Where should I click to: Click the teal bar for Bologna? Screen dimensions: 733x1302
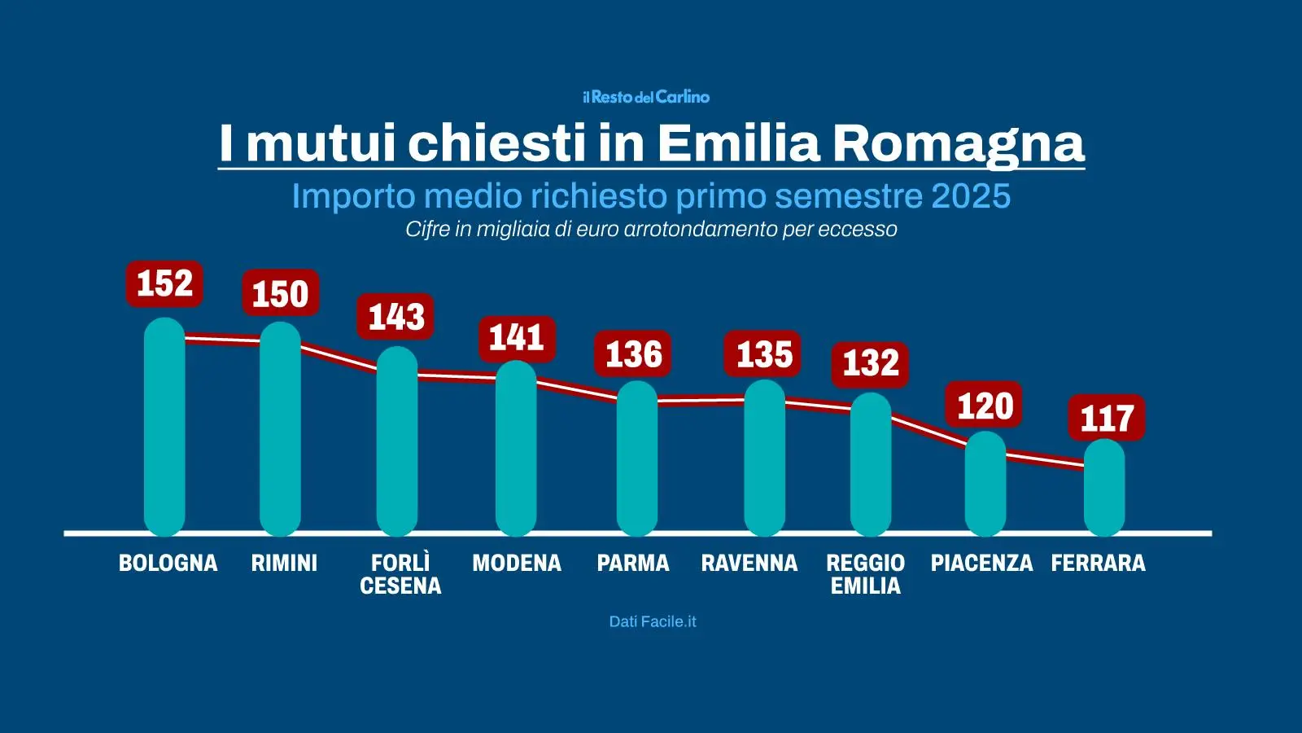tap(164, 428)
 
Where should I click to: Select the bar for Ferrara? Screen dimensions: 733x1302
tap(1104, 489)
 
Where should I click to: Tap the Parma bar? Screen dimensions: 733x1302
tap(636, 459)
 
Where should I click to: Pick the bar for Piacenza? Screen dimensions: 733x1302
tap(985, 485)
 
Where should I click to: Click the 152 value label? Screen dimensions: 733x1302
tap(164, 284)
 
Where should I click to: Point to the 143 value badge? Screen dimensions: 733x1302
tap(395, 317)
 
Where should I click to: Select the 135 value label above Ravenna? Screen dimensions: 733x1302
tap(763, 354)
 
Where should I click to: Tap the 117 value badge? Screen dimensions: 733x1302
tap(1106, 419)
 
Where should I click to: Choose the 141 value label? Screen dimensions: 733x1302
tap(516, 338)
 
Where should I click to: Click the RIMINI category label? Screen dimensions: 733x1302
tap(284, 563)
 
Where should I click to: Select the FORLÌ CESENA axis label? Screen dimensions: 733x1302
tap(400, 574)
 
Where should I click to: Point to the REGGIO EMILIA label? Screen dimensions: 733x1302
tap(865, 574)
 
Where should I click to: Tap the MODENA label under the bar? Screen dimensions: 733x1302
tap(517, 563)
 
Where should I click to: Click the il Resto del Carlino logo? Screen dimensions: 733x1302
tap(647, 97)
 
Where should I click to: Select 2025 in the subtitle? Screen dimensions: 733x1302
tap(970, 196)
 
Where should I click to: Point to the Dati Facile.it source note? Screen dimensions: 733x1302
tap(653, 621)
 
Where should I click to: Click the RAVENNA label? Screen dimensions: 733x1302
tap(749, 563)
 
